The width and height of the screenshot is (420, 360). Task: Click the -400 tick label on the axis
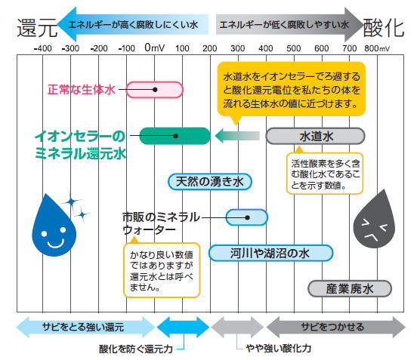(x=43, y=48)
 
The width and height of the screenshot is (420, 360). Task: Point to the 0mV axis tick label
(x=155, y=48)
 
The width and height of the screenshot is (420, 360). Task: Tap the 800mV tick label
(x=377, y=48)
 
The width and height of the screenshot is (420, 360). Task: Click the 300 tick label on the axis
(x=238, y=48)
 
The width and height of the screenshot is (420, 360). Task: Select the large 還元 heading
(x=37, y=28)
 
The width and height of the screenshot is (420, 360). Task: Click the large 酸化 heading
(x=383, y=28)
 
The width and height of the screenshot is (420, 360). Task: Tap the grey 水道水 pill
(x=315, y=136)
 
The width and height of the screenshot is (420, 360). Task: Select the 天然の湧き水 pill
(x=210, y=182)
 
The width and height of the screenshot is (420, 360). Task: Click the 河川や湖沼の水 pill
(x=270, y=253)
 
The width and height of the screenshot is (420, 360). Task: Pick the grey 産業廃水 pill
(x=350, y=288)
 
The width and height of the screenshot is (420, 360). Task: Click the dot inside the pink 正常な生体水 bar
(x=155, y=90)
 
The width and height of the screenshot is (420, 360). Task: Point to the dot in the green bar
(x=176, y=136)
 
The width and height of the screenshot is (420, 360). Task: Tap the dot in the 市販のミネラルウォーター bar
(x=248, y=217)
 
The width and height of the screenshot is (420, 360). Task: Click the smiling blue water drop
(x=55, y=227)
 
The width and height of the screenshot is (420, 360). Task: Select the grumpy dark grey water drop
(x=375, y=221)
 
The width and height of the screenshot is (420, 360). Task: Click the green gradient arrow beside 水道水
(x=237, y=136)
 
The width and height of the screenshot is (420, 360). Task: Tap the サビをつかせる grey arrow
(x=336, y=327)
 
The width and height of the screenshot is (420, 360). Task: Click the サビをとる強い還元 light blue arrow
(x=85, y=327)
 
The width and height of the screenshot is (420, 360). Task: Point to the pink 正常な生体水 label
(x=82, y=90)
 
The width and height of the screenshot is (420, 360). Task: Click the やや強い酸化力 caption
(x=279, y=348)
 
